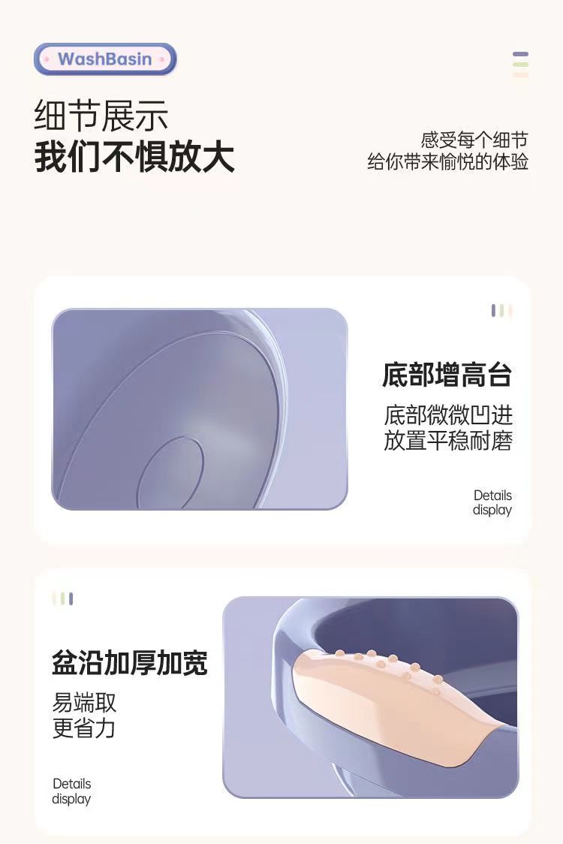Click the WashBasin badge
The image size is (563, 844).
tap(105, 59)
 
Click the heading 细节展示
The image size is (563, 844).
tap(101, 115)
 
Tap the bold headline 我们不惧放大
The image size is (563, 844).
tap(134, 157)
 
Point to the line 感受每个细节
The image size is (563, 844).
tap(474, 140)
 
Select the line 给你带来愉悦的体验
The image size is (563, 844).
tap(448, 161)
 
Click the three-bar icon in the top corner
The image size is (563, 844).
tap(520, 65)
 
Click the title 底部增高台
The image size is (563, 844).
tap(447, 375)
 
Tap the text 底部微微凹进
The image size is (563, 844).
tap(448, 415)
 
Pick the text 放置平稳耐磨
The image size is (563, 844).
tap(448, 440)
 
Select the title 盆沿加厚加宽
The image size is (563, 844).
tap(130, 662)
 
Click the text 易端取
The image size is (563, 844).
tap(84, 702)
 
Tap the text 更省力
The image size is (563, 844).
tap(84, 728)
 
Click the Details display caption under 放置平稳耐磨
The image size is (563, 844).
tap(492, 502)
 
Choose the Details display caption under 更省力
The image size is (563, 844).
tap(71, 791)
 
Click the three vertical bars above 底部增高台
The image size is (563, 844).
tap(501, 311)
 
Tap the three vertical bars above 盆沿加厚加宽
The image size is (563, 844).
tap(63, 598)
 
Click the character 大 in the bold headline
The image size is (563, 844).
tap(218, 157)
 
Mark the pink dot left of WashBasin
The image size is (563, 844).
tap(47, 59)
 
